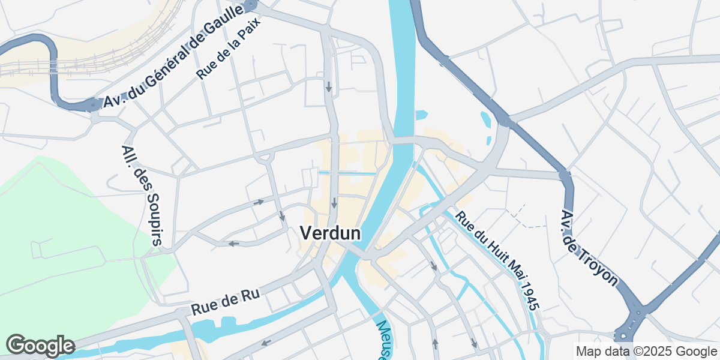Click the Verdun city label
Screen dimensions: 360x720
pyautogui.click(x=330, y=233)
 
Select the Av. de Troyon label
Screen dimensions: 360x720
pyautogui.click(x=588, y=247)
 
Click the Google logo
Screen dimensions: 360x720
pyautogui.click(x=40, y=346)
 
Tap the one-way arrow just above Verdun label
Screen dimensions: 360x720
pyautogui.click(x=334, y=202)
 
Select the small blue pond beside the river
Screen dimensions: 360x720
pyautogui.click(x=422, y=114)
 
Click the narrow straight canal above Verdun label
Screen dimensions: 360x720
pyautogui.click(x=347, y=173)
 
